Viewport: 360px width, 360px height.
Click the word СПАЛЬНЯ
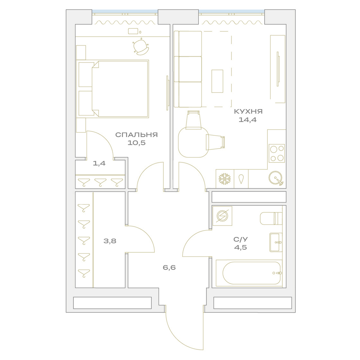(136, 135)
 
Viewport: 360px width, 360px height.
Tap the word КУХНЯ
(248, 112)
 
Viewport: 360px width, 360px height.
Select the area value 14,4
(248, 120)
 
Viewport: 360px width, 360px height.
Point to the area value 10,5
(136, 143)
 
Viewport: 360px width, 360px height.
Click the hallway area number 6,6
(169, 267)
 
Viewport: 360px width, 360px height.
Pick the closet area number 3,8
(110, 241)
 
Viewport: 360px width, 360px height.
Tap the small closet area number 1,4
(99, 163)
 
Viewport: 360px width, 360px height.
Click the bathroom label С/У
(240, 239)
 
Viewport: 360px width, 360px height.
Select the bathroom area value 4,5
(240, 248)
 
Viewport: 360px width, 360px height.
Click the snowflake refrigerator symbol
(225, 179)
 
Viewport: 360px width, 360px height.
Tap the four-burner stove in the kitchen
(276, 153)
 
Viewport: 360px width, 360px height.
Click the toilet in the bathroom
(271, 219)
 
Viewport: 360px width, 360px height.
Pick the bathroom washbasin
(276, 242)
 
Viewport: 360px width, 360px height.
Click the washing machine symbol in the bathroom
(222, 216)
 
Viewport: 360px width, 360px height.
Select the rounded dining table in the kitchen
(194, 142)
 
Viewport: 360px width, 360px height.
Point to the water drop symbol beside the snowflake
(241, 179)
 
